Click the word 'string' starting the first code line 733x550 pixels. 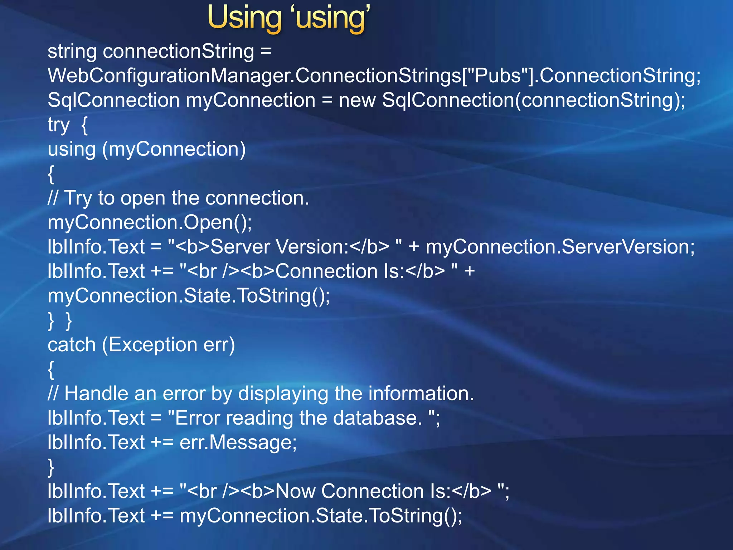72,52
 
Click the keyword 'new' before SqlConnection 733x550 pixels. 357,100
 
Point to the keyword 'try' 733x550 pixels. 58,125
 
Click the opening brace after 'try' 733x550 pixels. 84,125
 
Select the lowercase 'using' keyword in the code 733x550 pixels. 72,150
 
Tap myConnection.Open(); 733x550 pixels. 150,223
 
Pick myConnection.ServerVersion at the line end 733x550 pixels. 560,247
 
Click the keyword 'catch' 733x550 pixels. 72,345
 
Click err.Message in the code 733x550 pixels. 238,443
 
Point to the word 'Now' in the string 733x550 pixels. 296,491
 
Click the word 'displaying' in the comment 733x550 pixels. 283,394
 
